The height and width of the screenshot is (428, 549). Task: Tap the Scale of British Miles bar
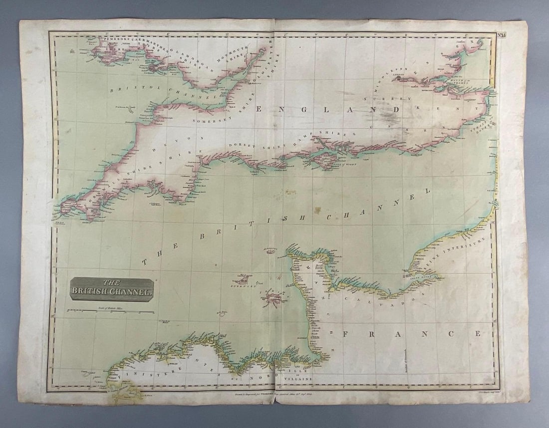click(111, 311)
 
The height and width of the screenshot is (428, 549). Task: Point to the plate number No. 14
click(503, 35)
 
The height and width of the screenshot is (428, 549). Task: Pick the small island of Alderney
click(272, 251)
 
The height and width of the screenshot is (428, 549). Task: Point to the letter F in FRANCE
click(346, 334)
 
